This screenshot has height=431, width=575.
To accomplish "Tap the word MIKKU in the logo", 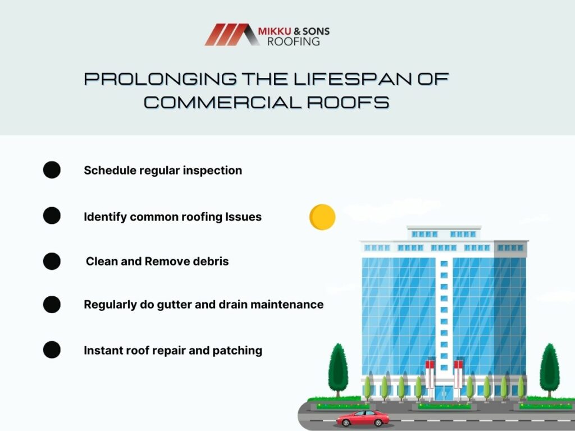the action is coord(275,31).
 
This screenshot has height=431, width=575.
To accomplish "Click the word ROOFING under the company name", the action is coord(293,42).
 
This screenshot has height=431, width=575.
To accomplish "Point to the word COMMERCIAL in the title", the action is coord(222,102).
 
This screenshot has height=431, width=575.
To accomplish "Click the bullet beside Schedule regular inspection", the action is coord(52,169).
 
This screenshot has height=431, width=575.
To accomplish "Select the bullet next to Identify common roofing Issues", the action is coord(52,215).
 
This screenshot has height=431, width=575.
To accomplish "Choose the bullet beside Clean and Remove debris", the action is coord(52,262).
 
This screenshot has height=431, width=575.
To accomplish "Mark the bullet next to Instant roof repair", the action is coord(52,350).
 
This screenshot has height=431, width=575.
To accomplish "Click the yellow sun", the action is coord(322,217).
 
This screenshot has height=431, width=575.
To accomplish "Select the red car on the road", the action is coord(363,419).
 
